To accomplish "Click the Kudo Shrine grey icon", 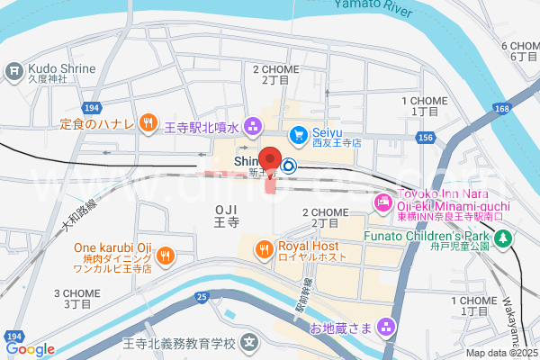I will [14, 70].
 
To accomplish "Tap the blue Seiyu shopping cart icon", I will [296, 133].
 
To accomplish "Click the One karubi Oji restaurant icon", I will [165, 256].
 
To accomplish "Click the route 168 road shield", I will [501, 109].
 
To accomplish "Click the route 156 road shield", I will [427, 138].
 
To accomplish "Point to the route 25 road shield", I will [201, 296].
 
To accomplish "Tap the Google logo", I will [29, 349].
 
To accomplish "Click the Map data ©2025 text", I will [500, 354].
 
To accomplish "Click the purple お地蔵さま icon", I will [388, 325].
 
